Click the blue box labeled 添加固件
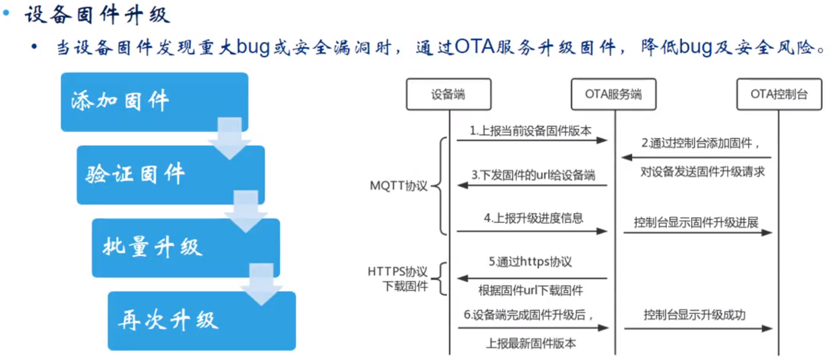coord(154,101)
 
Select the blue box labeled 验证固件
coord(170,175)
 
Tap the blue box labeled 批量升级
coord(185,248)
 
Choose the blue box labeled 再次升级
coord(201,320)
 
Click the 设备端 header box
coord(448,94)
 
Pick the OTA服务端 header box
coord(613,94)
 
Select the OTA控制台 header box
coord(779,94)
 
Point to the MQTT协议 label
coord(399,185)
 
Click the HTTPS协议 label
coord(398,271)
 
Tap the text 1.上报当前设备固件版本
coord(530,131)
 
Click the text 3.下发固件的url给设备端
coord(533,175)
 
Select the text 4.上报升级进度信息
coord(533,218)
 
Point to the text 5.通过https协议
coord(530,262)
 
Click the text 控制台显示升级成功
coord(694,315)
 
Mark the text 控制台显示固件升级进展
coord(696,222)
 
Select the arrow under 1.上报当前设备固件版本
coord(532,140)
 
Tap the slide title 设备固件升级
coord(97,14)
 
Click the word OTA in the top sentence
coord(474,47)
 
